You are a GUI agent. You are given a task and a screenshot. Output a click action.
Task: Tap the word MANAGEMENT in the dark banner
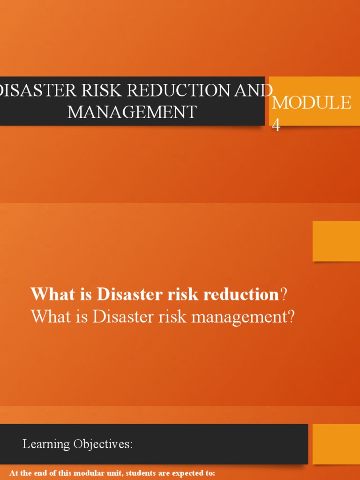coord(132,112)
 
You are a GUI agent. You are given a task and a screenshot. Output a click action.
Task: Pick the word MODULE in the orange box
coord(311,103)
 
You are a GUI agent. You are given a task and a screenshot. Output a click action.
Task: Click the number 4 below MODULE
coord(277,125)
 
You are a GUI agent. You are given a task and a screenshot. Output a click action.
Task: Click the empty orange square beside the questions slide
coord(336,241)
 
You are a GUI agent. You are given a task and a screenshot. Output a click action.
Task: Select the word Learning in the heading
coord(46,444)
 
